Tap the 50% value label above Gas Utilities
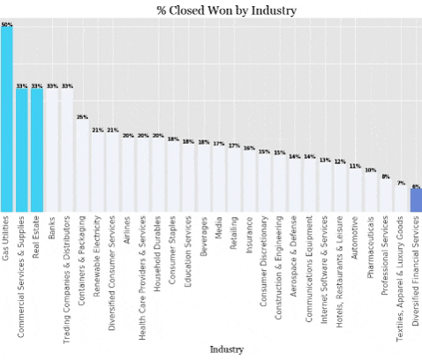(6, 25)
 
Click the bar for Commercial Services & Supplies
(21, 150)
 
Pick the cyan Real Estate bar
(36, 150)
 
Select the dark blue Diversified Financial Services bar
(415, 200)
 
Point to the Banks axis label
(52, 229)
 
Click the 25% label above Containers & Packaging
(82, 116)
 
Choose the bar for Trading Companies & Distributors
(67, 150)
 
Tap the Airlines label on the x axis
(128, 232)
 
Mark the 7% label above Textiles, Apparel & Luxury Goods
(400, 184)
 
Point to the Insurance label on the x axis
(249, 234)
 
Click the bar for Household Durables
(158, 176)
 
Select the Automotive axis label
(354, 240)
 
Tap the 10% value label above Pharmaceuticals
(370, 170)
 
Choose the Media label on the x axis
(219, 229)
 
